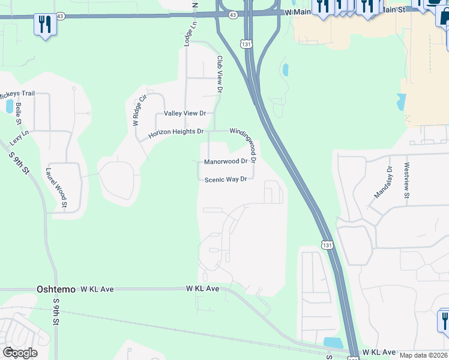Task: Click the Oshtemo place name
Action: tap(56, 289)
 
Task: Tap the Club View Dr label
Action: tap(220, 74)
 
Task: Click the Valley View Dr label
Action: tap(181, 113)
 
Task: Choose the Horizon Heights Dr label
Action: tap(176, 131)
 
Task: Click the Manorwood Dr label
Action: tap(226, 161)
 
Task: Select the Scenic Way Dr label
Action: tap(226, 179)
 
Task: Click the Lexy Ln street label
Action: tap(19, 138)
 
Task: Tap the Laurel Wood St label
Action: tap(56, 188)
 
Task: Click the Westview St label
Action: tap(407, 181)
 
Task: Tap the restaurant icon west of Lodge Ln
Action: tap(44, 25)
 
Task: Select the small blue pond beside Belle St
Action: tap(10, 107)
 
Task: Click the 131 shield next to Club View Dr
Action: tap(246, 44)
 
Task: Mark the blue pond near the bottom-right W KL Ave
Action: tap(333, 343)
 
